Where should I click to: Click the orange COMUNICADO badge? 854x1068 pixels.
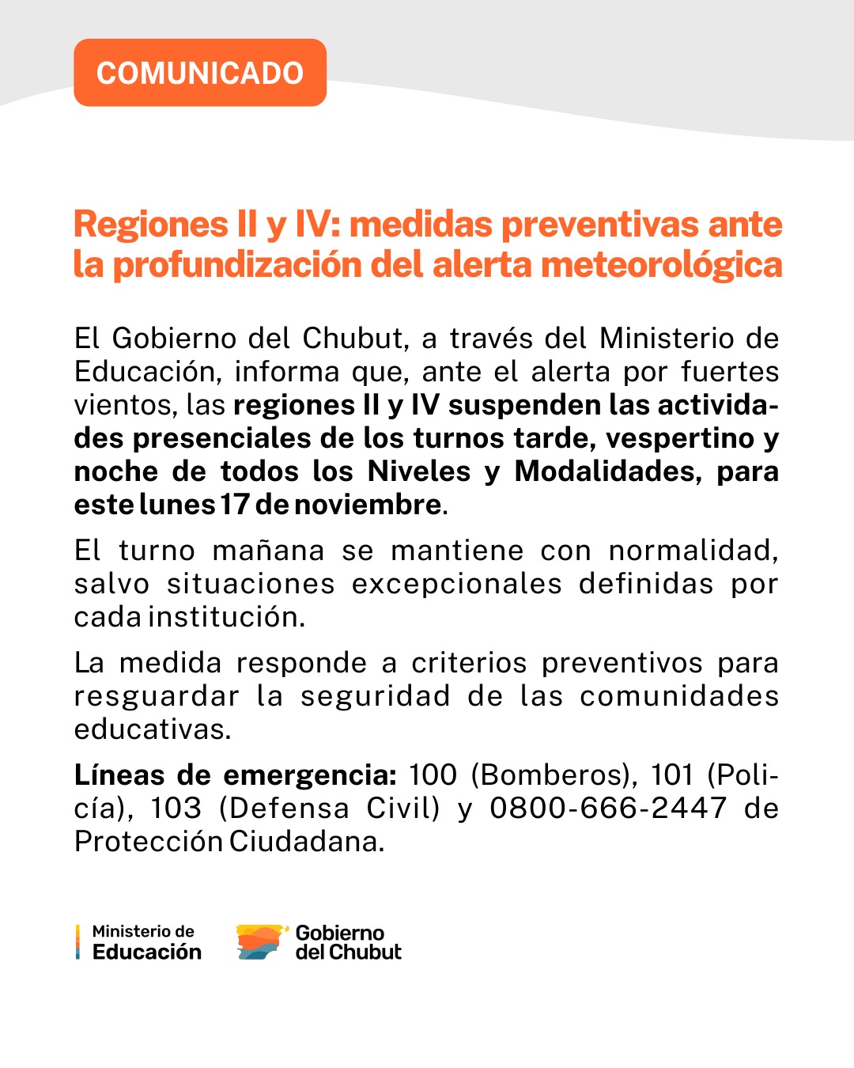[x=200, y=73]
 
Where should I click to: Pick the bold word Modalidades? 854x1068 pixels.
[x=608, y=472]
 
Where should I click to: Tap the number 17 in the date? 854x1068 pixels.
[x=235, y=505]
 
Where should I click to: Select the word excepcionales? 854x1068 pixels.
[x=456, y=584]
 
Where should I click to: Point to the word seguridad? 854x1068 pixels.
[x=375, y=696]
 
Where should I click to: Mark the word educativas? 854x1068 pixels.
[x=152, y=729]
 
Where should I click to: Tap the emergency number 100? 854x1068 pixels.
[x=433, y=775]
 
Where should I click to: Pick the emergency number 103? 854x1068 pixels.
[x=176, y=809]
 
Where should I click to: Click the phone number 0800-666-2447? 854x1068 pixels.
[x=608, y=809]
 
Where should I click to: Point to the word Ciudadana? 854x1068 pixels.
[x=306, y=842]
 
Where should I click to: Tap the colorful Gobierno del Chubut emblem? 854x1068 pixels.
[x=260, y=941]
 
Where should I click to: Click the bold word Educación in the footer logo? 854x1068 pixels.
[x=147, y=952]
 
